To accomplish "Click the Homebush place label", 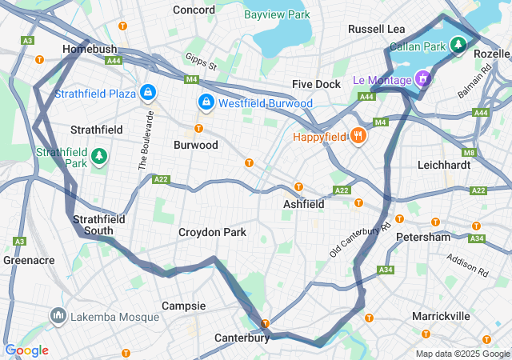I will coord(90,50).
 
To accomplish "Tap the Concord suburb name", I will coord(194,10).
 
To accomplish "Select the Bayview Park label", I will coord(277,14).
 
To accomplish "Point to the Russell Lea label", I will coord(376,29).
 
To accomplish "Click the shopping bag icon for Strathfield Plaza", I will coord(147,93).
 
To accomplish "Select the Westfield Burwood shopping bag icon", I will coord(206,102).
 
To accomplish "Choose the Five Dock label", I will coord(316,84).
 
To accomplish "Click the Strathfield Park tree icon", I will coord(99,155).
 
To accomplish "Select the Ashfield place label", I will coord(304,204).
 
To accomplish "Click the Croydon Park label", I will coord(212,232).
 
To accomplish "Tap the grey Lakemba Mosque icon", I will coord(58,317).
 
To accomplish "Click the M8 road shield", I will coord(469,152).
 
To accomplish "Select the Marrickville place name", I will coord(441,316).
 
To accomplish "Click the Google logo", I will coord(26,350).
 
